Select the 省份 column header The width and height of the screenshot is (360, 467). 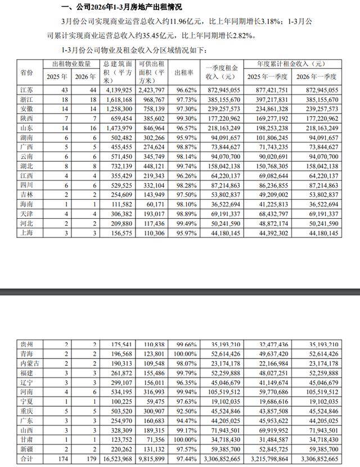[x=26, y=73]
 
